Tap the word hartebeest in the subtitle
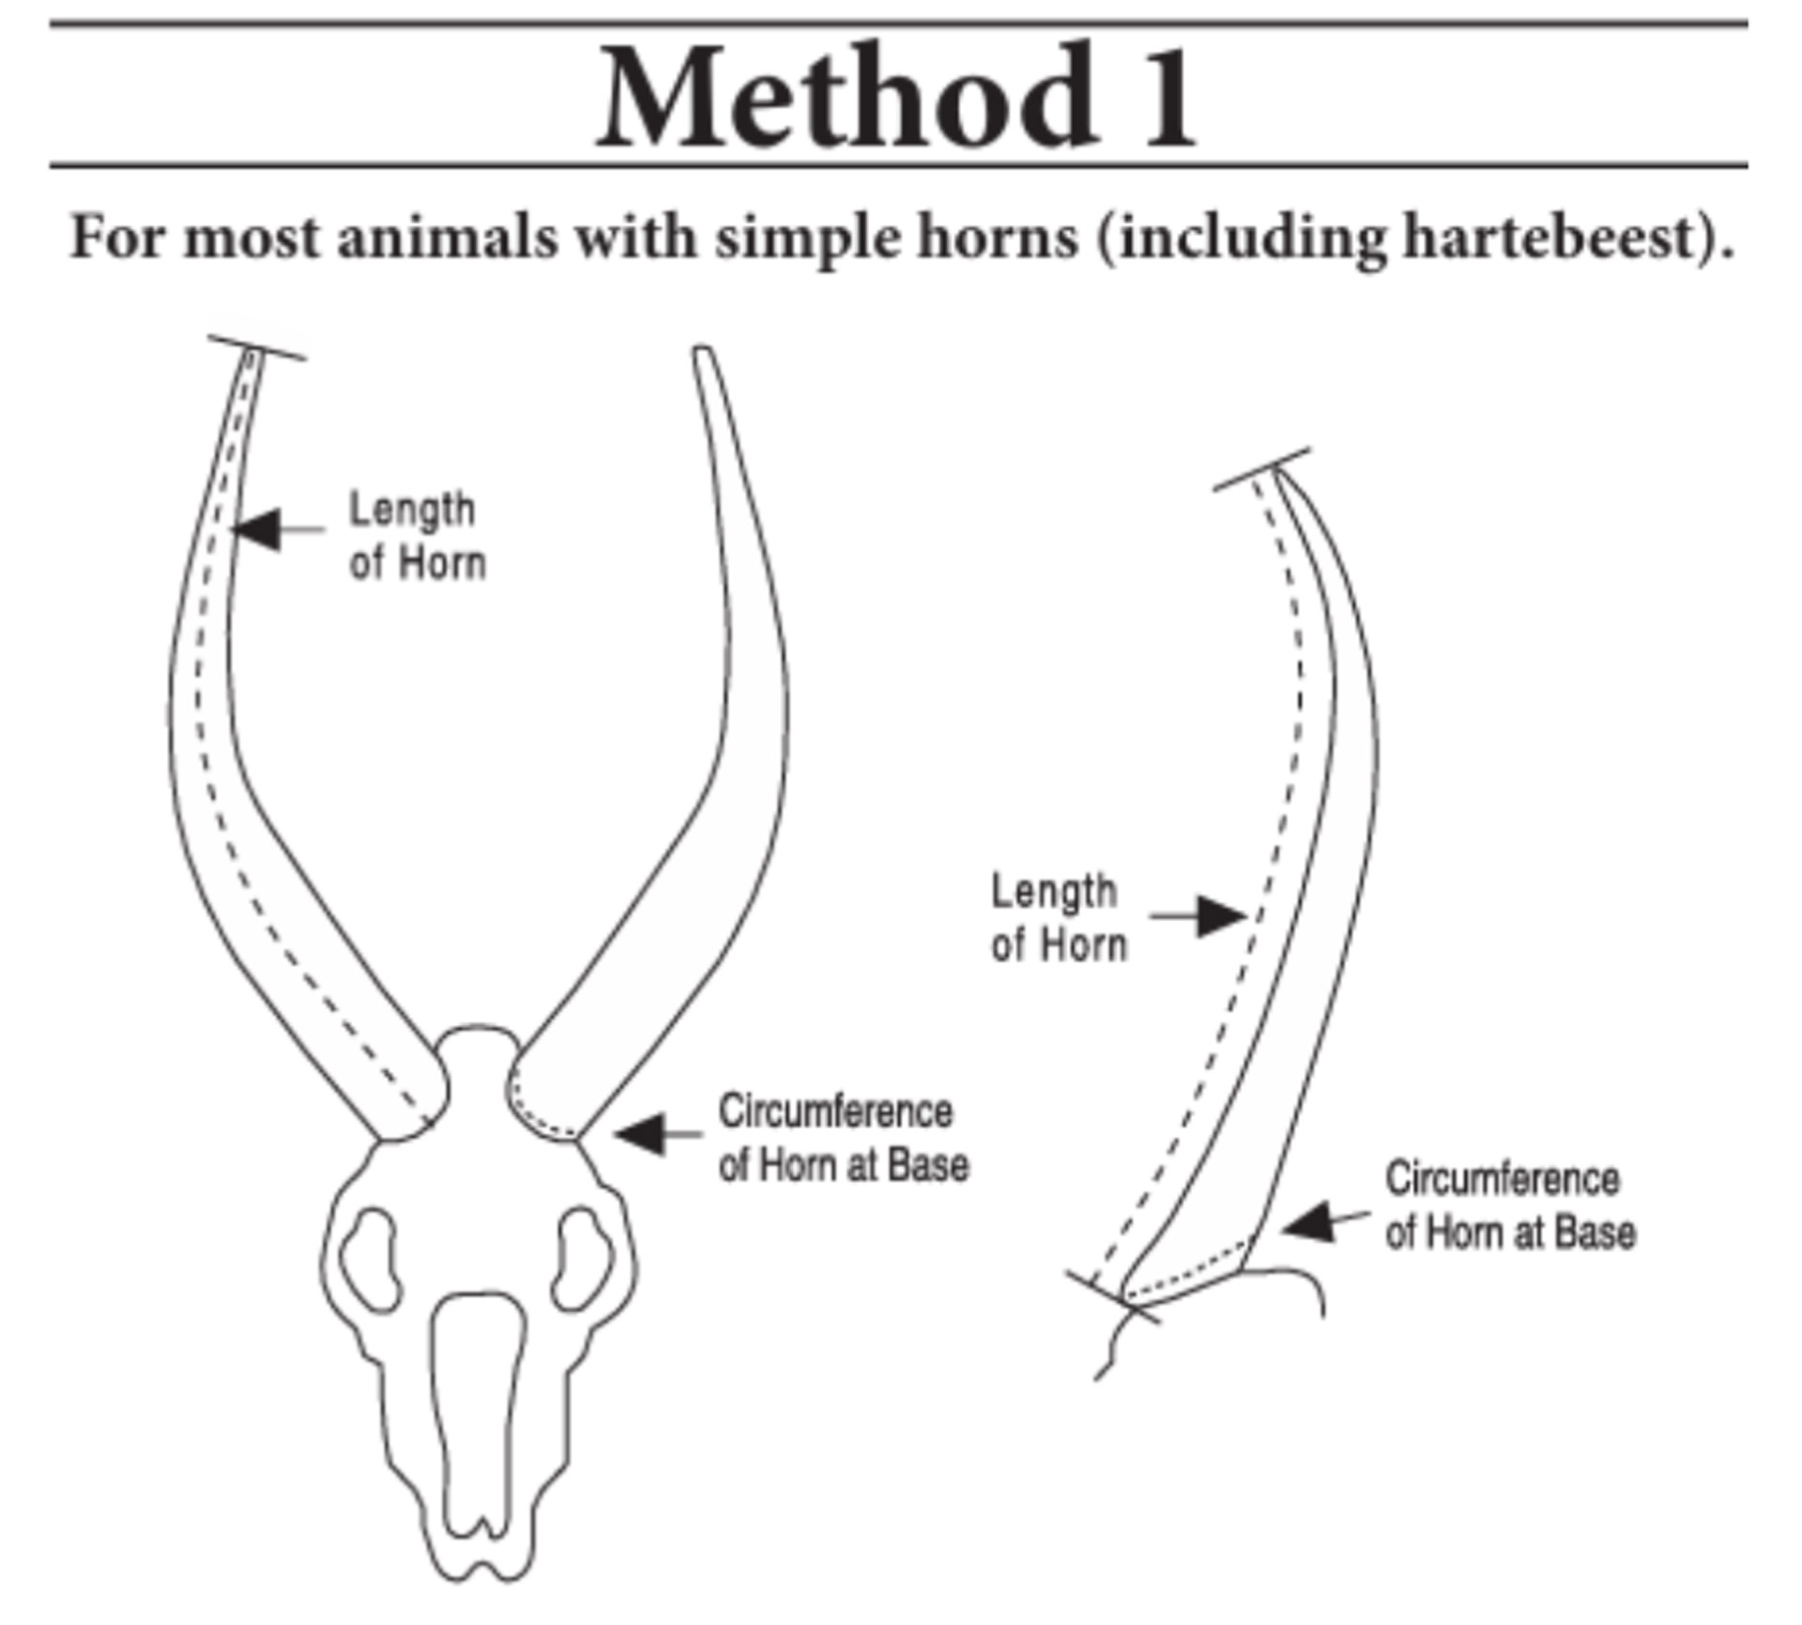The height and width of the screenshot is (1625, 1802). coord(1558,237)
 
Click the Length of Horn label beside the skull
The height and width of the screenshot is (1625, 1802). coord(417,536)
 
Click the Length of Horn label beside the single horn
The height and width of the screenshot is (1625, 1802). coord(1058,917)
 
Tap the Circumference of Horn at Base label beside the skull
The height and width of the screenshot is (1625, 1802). coord(843,1138)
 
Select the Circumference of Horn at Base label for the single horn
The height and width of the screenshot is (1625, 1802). coord(1510,1205)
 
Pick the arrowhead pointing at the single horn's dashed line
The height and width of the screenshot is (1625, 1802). coord(1222,915)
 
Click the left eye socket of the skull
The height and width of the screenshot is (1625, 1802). coord(369,1258)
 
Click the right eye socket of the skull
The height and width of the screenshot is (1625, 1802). coord(584,1258)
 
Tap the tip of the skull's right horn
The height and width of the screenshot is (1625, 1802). coord(703,353)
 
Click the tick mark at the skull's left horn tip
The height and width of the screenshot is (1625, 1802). coord(255,347)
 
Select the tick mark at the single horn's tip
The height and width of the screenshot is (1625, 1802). coord(1261,469)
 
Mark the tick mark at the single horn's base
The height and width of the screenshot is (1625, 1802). coord(1113,1297)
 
